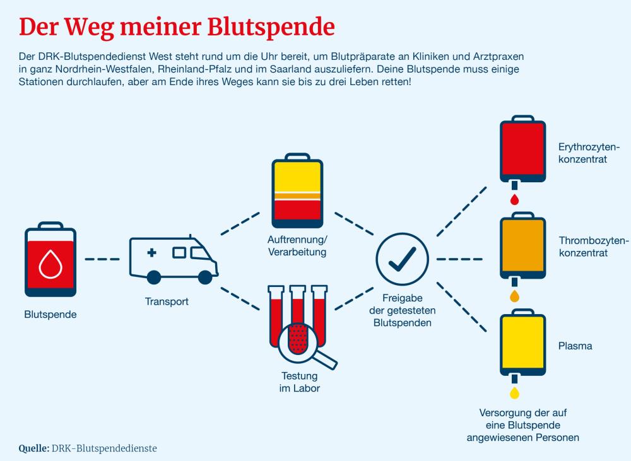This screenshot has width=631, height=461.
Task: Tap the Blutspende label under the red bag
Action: point(50,314)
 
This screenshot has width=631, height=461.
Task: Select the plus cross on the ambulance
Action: point(151,253)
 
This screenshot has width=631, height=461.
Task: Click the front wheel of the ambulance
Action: point(204,276)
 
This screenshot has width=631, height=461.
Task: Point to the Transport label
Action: point(167,301)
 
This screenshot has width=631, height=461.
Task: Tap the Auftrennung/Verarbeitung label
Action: point(297,247)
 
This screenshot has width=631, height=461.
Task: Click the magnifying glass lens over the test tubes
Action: point(299,340)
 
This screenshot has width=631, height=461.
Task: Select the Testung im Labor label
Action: point(300,382)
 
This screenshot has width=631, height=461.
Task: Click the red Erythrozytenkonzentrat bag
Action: point(522,149)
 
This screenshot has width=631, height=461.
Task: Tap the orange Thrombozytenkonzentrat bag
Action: point(522,246)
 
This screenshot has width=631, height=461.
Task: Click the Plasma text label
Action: point(575,346)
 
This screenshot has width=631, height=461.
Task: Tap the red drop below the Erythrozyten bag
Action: point(514,200)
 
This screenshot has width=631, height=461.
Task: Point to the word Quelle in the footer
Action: point(34,448)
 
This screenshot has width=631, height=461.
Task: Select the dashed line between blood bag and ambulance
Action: point(102,259)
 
